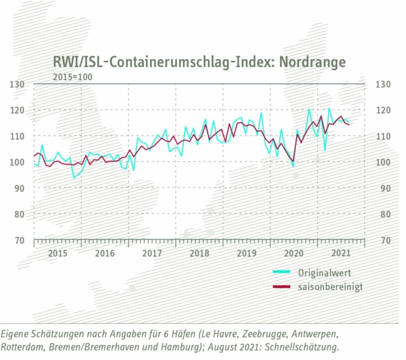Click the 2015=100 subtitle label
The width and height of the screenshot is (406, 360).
72,77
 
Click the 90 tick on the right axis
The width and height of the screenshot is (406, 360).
384,188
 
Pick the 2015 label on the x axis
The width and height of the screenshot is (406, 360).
57,253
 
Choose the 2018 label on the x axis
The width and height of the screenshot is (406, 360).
199,253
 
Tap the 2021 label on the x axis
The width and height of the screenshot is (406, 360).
341,253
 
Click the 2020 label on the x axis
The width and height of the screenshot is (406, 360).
294,253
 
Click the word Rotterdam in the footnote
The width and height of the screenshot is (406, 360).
25,348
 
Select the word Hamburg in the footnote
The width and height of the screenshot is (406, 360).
192,348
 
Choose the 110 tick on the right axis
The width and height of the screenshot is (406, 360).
384,136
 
